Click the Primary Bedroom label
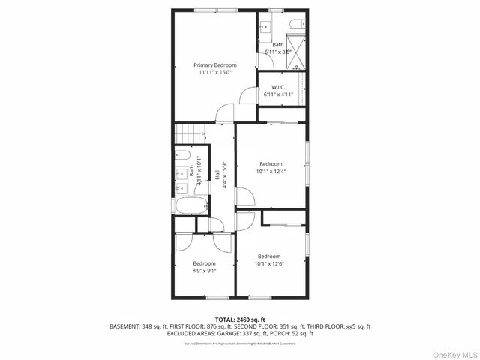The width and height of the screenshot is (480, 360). pyautogui.click(x=215, y=64)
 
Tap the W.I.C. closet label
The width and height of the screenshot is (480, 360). pyautogui.click(x=278, y=87)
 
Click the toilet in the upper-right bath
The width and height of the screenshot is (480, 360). pyautogui.click(x=295, y=22)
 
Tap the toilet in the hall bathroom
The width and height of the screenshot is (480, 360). pyautogui.click(x=181, y=155)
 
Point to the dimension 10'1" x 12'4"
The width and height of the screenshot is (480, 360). pyautogui.click(x=271, y=171)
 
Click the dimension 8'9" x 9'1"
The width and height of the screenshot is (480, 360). pyautogui.click(x=204, y=271)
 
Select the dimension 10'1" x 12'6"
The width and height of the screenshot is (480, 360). pyautogui.click(x=270, y=263)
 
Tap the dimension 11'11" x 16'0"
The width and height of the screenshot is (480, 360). pyautogui.click(x=215, y=72)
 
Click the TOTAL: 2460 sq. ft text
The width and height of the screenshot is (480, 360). pyautogui.click(x=240, y=319)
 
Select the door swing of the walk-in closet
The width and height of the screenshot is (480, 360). pyautogui.click(x=247, y=96)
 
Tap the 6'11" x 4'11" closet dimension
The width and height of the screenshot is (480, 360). pyautogui.click(x=278, y=94)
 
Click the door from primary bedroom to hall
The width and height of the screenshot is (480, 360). pyautogui.click(x=223, y=114)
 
